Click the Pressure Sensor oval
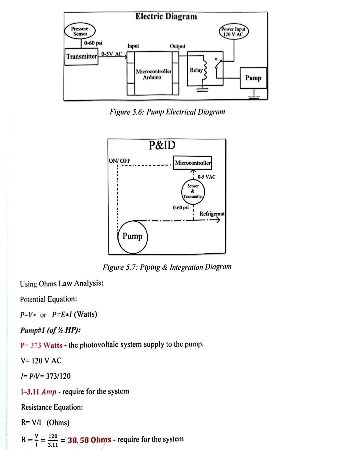pyautogui.click(x=80, y=31)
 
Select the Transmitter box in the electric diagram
pyautogui.click(x=82, y=56)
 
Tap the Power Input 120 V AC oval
pyautogui.click(x=234, y=32)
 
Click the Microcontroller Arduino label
pyautogui.click(x=153, y=74)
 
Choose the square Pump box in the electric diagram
pyautogui.click(x=253, y=78)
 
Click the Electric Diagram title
pyautogui.click(x=166, y=16)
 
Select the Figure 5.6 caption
pyautogui.click(x=167, y=112)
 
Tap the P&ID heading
pyautogui.click(x=162, y=145)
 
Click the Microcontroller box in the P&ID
pyautogui.click(x=193, y=163)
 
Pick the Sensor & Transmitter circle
pyautogui.click(x=193, y=191)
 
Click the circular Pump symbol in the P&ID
pyautogui.click(x=132, y=236)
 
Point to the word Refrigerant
pyautogui.click(x=212, y=214)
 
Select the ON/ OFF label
pyautogui.click(x=120, y=161)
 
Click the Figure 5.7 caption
pyautogui.click(x=167, y=267)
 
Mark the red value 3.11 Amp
pyautogui.click(x=42, y=392)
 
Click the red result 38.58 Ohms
pyautogui.click(x=89, y=440)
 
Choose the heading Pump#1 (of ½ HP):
pyautogui.click(x=50, y=330)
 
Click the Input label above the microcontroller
pyautogui.click(x=133, y=46)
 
